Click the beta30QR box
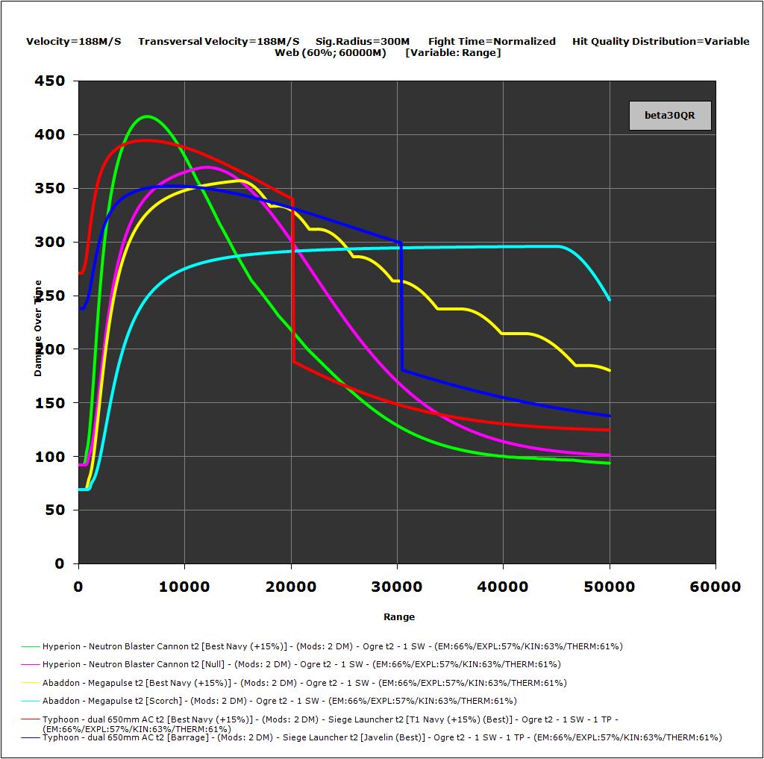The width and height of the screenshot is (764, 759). click(x=669, y=116)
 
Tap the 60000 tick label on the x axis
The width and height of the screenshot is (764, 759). click(x=715, y=587)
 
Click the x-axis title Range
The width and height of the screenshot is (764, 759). click(x=399, y=616)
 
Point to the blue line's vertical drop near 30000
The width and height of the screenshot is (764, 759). click(x=402, y=306)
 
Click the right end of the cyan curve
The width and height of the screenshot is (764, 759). click(x=610, y=299)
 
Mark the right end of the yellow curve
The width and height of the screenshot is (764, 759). click(x=610, y=370)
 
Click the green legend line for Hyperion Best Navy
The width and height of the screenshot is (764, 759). click(x=31, y=646)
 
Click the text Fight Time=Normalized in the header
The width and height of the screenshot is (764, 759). click(x=492, y=42)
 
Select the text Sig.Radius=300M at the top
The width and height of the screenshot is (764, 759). click(x=363, y=42)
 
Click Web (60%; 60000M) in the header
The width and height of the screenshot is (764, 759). click(x=331, y=53)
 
